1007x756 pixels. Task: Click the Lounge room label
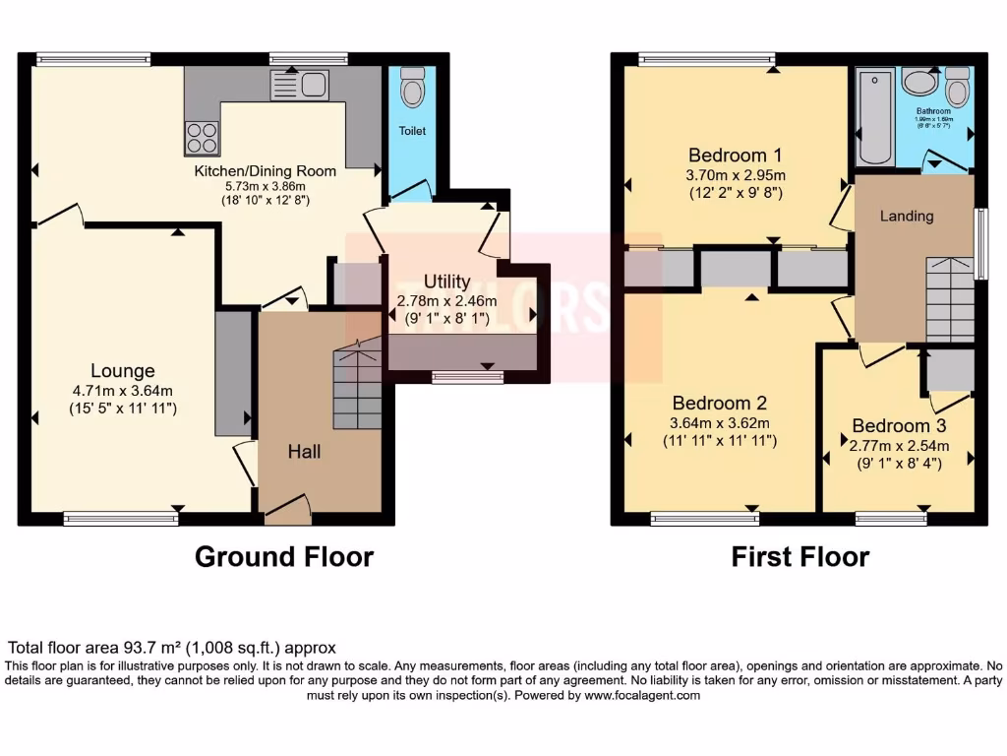pos(123,371)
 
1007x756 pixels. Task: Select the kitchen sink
pos(299,87)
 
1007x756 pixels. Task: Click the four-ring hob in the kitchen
pos(202,136)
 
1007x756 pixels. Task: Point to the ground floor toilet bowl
pos(413,89)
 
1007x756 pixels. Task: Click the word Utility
pos(447,282)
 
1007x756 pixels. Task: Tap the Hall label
pos(305,452)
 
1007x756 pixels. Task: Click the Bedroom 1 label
pos(735,155)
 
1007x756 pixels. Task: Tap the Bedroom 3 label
pos(899,425)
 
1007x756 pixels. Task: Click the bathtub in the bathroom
pos(874,117)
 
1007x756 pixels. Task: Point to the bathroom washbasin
pos(919,82)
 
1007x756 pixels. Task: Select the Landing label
pos(906,216)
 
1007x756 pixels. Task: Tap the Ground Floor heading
pos(284,556)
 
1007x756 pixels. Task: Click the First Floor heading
pos(800,556)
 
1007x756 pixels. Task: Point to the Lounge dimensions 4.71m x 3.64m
pos(123,390)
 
